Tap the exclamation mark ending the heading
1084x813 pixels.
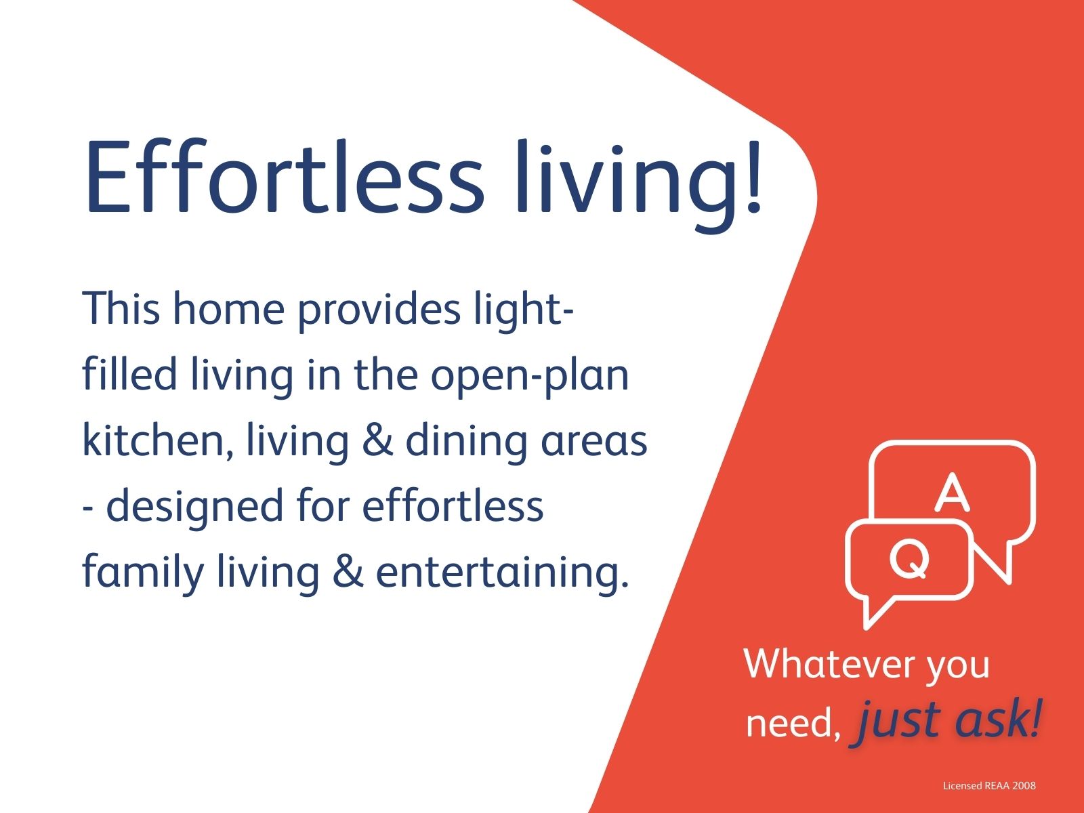753,176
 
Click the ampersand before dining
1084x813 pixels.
377,440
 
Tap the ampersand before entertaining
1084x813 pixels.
348,572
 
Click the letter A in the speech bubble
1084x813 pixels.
952,492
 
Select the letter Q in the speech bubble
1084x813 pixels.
909,559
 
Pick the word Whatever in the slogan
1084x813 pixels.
828,665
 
